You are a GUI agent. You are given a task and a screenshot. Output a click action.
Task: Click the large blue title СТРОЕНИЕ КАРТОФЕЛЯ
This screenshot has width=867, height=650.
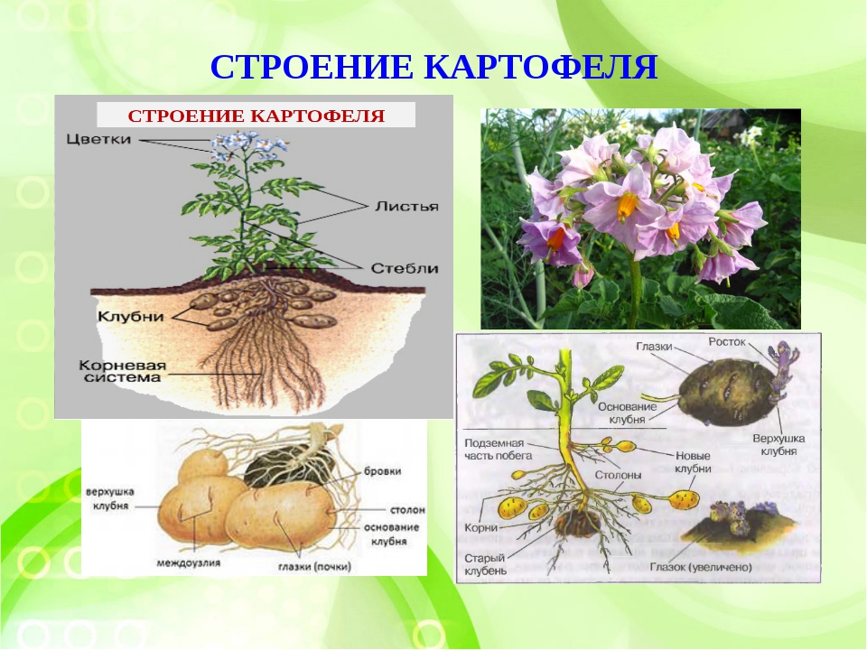coord(433,68)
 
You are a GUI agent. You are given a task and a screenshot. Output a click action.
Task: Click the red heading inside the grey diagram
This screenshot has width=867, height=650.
coord(256,116)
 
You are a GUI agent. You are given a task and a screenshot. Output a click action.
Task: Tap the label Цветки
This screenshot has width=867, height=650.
coord(99,139)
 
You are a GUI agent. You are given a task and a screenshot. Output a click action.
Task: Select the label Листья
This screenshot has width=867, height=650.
coord(406,207)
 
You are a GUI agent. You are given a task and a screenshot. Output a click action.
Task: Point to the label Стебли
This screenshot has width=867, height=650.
coord(405,269)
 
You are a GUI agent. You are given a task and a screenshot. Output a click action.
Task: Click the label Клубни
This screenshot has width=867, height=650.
coord(131,316)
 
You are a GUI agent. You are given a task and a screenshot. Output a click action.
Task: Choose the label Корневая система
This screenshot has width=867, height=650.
coord(122,372)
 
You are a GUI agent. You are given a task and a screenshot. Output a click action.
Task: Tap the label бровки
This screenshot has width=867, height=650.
coord(383,471)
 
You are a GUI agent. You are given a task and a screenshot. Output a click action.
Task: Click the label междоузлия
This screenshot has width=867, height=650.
coord(188,563)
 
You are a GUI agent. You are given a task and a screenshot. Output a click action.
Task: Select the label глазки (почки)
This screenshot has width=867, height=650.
coord(314,567)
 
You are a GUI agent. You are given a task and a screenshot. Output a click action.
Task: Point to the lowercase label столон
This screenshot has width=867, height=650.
coord(407,509)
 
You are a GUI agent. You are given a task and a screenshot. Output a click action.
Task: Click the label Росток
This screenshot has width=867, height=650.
coord(727,342)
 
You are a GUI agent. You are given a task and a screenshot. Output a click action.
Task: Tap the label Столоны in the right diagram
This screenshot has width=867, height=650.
coord(618,476)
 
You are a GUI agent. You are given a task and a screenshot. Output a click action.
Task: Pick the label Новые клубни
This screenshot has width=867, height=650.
coord(693,462)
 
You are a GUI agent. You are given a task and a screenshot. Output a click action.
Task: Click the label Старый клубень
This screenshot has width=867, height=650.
coord(485,564)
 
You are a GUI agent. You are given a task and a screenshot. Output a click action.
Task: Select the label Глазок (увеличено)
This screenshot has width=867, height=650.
coord(701,567)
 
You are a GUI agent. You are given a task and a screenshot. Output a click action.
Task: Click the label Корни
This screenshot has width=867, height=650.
coord(481,528)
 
